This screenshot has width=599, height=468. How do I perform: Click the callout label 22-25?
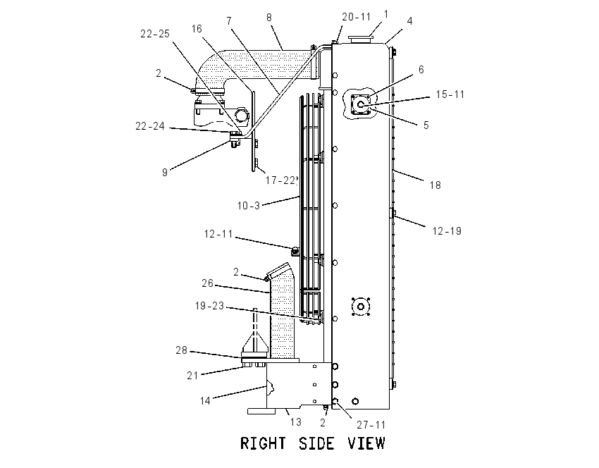[x=155, y=34]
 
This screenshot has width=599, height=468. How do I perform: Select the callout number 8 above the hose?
[x=269, y=17]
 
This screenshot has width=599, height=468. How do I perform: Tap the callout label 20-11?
[x=356, y=17]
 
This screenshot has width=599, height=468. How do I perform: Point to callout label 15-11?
[x=450, y=94]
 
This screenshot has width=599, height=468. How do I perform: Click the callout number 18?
[x=435, y=185]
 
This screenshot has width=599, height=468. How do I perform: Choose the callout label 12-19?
[x=447, y=230]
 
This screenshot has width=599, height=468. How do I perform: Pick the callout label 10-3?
[x=248, y=206]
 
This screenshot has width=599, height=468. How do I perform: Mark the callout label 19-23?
[x=209, y=306]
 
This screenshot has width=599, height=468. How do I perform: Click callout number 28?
[x=181, y=350]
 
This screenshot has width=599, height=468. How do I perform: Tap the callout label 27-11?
[x=371, y=424]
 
